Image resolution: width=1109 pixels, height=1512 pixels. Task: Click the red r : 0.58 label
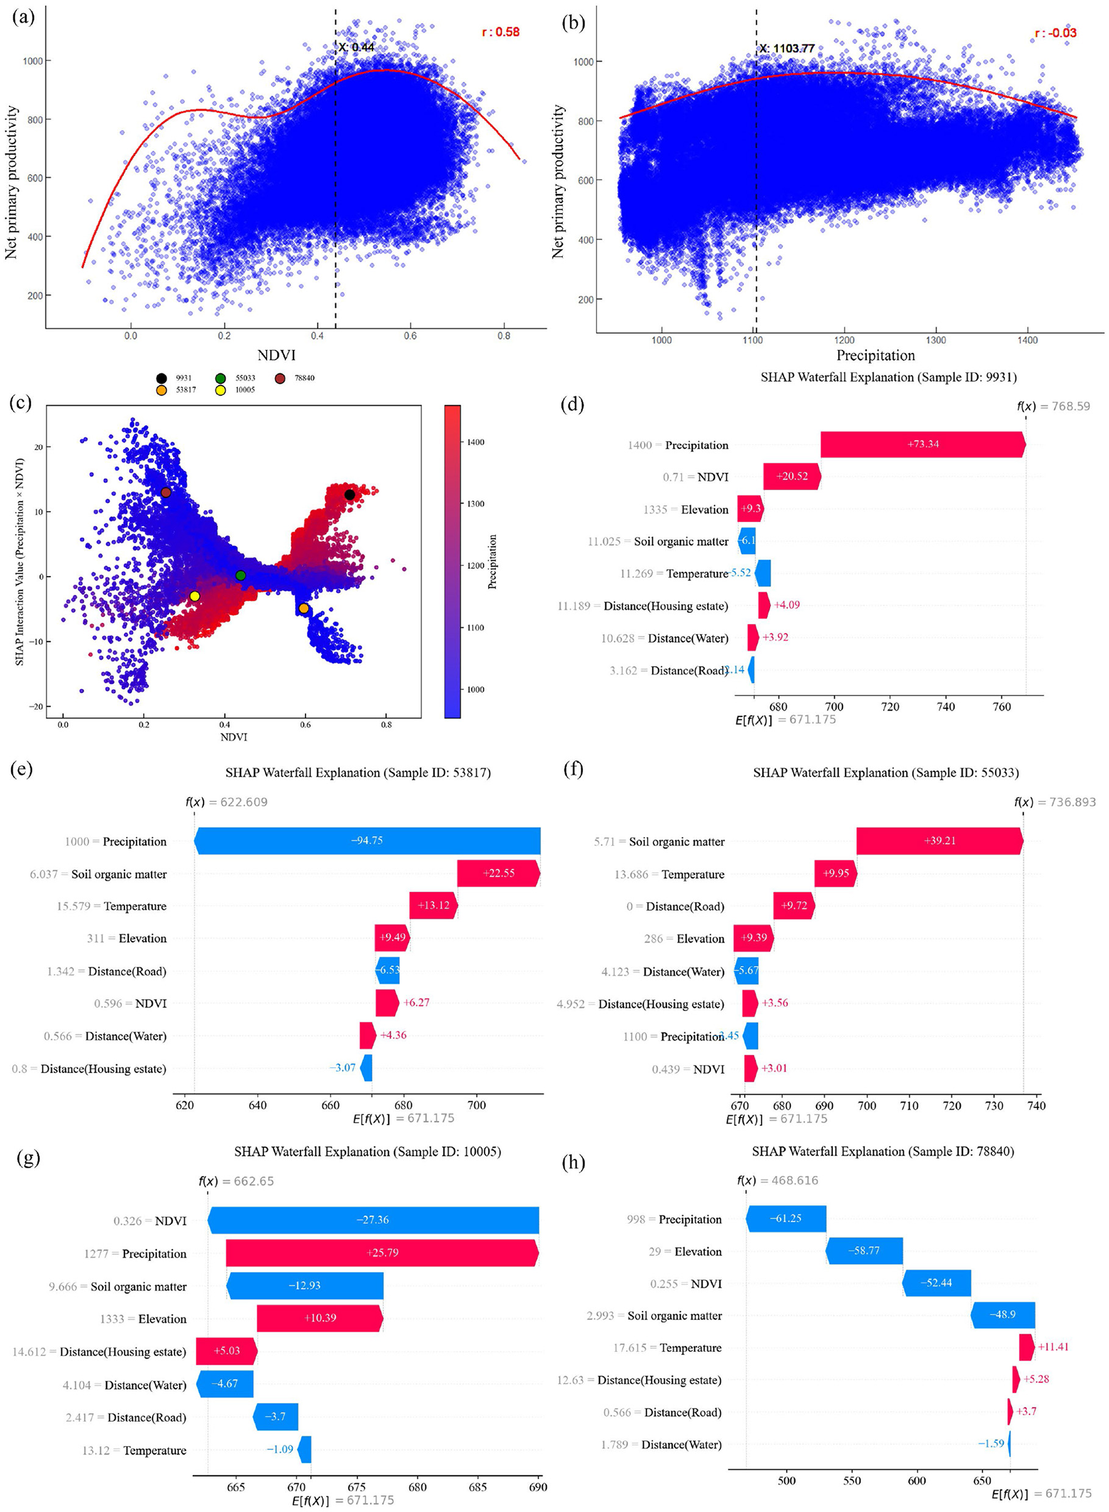tap(500, 31)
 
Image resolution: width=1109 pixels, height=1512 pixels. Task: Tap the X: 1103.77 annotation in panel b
tap(786, 48)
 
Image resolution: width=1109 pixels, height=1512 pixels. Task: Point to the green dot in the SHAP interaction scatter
tap(241, 575)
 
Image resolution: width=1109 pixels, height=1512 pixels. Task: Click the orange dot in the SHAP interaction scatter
tap(304, 609)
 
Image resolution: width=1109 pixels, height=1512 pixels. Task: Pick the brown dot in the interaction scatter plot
tap(166, 492)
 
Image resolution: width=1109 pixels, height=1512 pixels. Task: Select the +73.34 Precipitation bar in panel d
tap(922, 445)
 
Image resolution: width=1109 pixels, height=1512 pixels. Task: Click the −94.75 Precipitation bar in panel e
tap(367, 841)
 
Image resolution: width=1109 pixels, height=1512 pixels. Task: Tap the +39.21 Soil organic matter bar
tap(939, 841)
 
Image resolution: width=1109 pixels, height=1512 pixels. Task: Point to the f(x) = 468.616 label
tap(777, 1180)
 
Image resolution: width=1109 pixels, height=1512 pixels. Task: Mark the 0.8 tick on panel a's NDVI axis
tap(503, 336)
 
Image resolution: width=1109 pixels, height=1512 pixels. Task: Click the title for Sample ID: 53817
tap(358, 772)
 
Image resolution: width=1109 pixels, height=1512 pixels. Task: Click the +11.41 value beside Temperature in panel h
tap(1052, 1346)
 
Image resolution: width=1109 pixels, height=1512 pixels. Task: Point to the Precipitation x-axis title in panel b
tap(875, 354)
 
